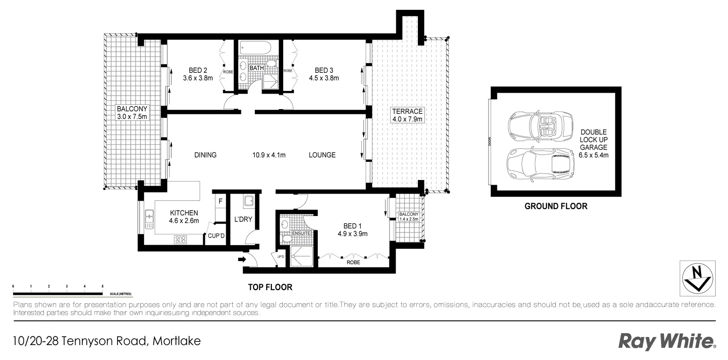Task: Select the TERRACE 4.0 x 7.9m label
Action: point(407,115)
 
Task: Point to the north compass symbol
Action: point(697,278)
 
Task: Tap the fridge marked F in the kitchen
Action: point(220,201)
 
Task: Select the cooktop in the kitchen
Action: point(180,239)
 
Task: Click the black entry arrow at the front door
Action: point(242,260)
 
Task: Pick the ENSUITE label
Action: point(301,233)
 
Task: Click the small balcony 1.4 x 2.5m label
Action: point(409,216)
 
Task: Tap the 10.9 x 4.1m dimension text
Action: point(269,155)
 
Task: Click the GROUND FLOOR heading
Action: point(555,206)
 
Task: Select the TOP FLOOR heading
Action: point(270,287)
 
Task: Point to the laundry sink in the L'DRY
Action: point(249,201)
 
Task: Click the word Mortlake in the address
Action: point(176,341)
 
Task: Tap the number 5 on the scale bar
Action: point(102,286)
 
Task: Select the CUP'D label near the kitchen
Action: point(216,236)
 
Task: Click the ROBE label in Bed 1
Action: point(353,262)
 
